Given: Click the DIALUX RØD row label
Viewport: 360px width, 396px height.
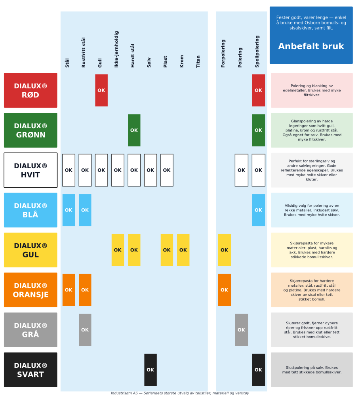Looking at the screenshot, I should pyautogui.click(x=30, y=90).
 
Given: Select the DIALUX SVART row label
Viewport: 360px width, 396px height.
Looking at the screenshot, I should pyautogui.click(x=30, y=370).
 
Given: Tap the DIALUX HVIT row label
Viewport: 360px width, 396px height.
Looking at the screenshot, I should pyautogui.click(x=30, y=170).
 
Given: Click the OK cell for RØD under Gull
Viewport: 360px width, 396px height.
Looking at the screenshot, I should pyautogui.click(x=101, y=90).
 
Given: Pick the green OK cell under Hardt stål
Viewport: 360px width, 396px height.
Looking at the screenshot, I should pyautogui.click(x=134, y=130).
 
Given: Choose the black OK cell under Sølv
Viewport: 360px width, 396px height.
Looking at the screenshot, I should pyautogui.click(x=150, y=370).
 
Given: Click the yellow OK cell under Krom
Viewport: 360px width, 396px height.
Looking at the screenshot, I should pyautogui.click(x=183, y=250).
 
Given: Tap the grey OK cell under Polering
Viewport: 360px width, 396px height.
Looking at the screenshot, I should pyautogui.click(x=241, y=330).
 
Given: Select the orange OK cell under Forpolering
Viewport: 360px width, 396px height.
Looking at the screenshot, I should pyautogui.click(x=224, y=290).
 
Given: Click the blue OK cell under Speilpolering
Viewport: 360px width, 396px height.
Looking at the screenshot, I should pyautogui.click(x=258, y=210).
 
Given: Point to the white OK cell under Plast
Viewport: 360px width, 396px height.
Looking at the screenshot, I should pyautogui.click(x=167, y=170).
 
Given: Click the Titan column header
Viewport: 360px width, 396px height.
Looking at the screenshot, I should pyautogui.click(x=198, y=61).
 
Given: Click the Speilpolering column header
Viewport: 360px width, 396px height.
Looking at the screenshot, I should pyautogui.click(x=257, y=51).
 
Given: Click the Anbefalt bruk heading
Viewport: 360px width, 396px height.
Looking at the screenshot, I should pyautogui.click(x=311, y=46).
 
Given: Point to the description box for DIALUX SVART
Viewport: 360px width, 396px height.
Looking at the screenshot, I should pyautogui.click(x=312, y=370).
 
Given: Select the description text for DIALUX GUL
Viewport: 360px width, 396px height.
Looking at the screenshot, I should pyautogui.click(x=312, y=250).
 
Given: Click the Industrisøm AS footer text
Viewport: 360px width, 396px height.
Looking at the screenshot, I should pyautogui.click(x=180, y=393).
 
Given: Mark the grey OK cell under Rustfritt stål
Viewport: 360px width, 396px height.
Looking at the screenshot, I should pyautogui.click(x=85, y=330).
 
